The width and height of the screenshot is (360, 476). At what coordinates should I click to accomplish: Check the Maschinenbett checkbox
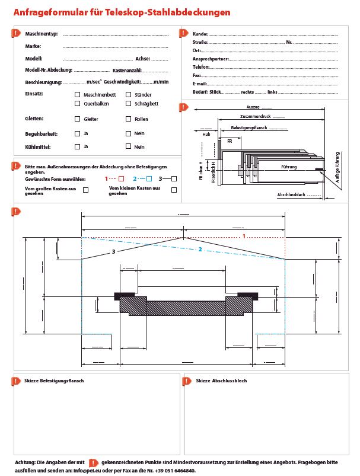coord(78,95)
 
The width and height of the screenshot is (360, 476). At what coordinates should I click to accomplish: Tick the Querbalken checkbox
coord(78,104)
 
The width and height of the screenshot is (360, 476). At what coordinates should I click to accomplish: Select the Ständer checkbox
coord(128,95)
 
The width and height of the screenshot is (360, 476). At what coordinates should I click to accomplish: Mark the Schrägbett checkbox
coord(128,104)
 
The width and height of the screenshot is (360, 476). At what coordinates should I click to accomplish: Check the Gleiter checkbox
coord(78,119)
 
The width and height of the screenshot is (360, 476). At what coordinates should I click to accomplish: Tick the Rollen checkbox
coord(128,119)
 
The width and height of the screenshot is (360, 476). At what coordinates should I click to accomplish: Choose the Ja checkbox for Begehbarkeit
coord(78,133)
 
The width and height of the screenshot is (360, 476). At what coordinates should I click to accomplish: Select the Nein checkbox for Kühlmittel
coord(128,146)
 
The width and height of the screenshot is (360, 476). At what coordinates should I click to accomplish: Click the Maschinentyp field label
coord(41,33)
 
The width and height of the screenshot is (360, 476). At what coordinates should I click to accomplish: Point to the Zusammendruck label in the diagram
coord(254,116)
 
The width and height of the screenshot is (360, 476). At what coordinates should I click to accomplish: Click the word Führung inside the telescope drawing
coord(289,167)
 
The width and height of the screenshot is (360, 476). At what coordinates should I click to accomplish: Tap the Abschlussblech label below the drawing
coord(291,195)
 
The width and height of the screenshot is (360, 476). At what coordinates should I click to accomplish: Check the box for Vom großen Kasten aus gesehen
coord(86,190)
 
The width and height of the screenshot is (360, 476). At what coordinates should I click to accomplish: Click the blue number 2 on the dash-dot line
coord(200,250)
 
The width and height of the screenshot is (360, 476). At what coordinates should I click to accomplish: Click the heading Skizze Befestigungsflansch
coord(54,381)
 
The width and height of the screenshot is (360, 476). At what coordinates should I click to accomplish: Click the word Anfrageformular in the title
coord(47,12)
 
